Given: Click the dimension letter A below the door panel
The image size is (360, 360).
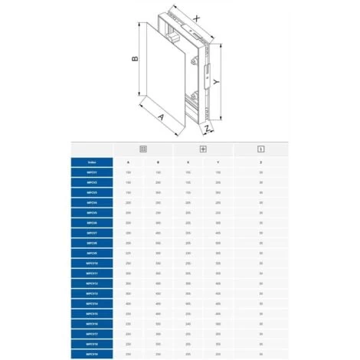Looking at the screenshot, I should [161, 116].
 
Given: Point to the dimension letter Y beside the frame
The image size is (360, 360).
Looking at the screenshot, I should [239, 81].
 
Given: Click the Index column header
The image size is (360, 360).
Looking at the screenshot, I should [92, 162].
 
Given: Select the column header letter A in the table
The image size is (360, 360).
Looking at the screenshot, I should [128, 162].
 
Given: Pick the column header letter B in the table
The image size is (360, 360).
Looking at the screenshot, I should [158, 162].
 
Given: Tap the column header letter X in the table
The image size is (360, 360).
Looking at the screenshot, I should [188, 162].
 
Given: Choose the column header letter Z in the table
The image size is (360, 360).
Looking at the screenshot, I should [260, 162].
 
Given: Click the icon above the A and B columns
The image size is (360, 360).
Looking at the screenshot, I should [142, 149].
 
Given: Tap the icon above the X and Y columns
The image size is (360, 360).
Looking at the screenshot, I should [202, 149].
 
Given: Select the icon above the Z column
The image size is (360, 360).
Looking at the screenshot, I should [260, 149].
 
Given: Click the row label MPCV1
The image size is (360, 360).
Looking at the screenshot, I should [92, 173].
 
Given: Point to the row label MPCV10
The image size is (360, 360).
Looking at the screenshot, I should [92, 263].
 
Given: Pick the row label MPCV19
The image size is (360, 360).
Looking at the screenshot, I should [92, 353].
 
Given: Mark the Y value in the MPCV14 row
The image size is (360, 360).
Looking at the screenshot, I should [218, 303].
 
